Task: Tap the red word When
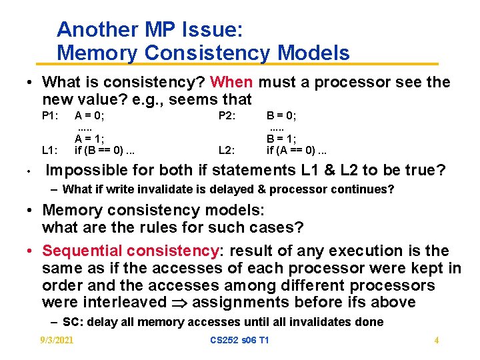click(231, 83)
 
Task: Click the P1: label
click(51, 115)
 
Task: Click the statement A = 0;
click(89, 115)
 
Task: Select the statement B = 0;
click(281, 115)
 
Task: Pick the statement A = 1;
click(89, 139)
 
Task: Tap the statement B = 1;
click(281, 139)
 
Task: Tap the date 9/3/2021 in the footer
click(57, 341)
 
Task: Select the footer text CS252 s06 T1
click(239, 341)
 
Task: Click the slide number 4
click(436, 341)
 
